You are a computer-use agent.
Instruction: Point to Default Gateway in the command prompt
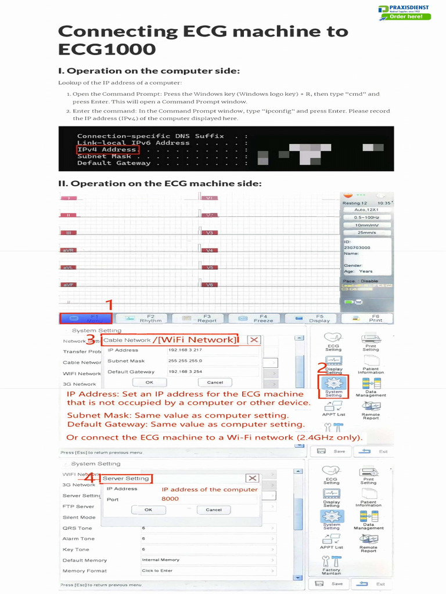(114, 163)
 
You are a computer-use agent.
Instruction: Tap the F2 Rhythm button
(150, 318)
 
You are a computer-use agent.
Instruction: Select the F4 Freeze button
(262, 318)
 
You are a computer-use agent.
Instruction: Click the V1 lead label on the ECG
(209, 198)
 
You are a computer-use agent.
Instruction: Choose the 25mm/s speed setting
(366, 233)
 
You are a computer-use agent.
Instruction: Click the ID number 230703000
(357, 248)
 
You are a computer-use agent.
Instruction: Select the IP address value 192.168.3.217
(185, 350)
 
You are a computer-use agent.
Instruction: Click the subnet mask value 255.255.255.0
(185, 361)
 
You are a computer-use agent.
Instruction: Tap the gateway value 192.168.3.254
(185, 372)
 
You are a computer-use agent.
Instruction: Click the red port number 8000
(170, 499)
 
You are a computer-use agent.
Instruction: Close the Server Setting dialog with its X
(252, 478)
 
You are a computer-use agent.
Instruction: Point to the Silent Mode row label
(79, 517)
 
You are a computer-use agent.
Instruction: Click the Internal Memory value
(161, 560)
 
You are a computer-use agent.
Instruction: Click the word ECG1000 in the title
(107, 49)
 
